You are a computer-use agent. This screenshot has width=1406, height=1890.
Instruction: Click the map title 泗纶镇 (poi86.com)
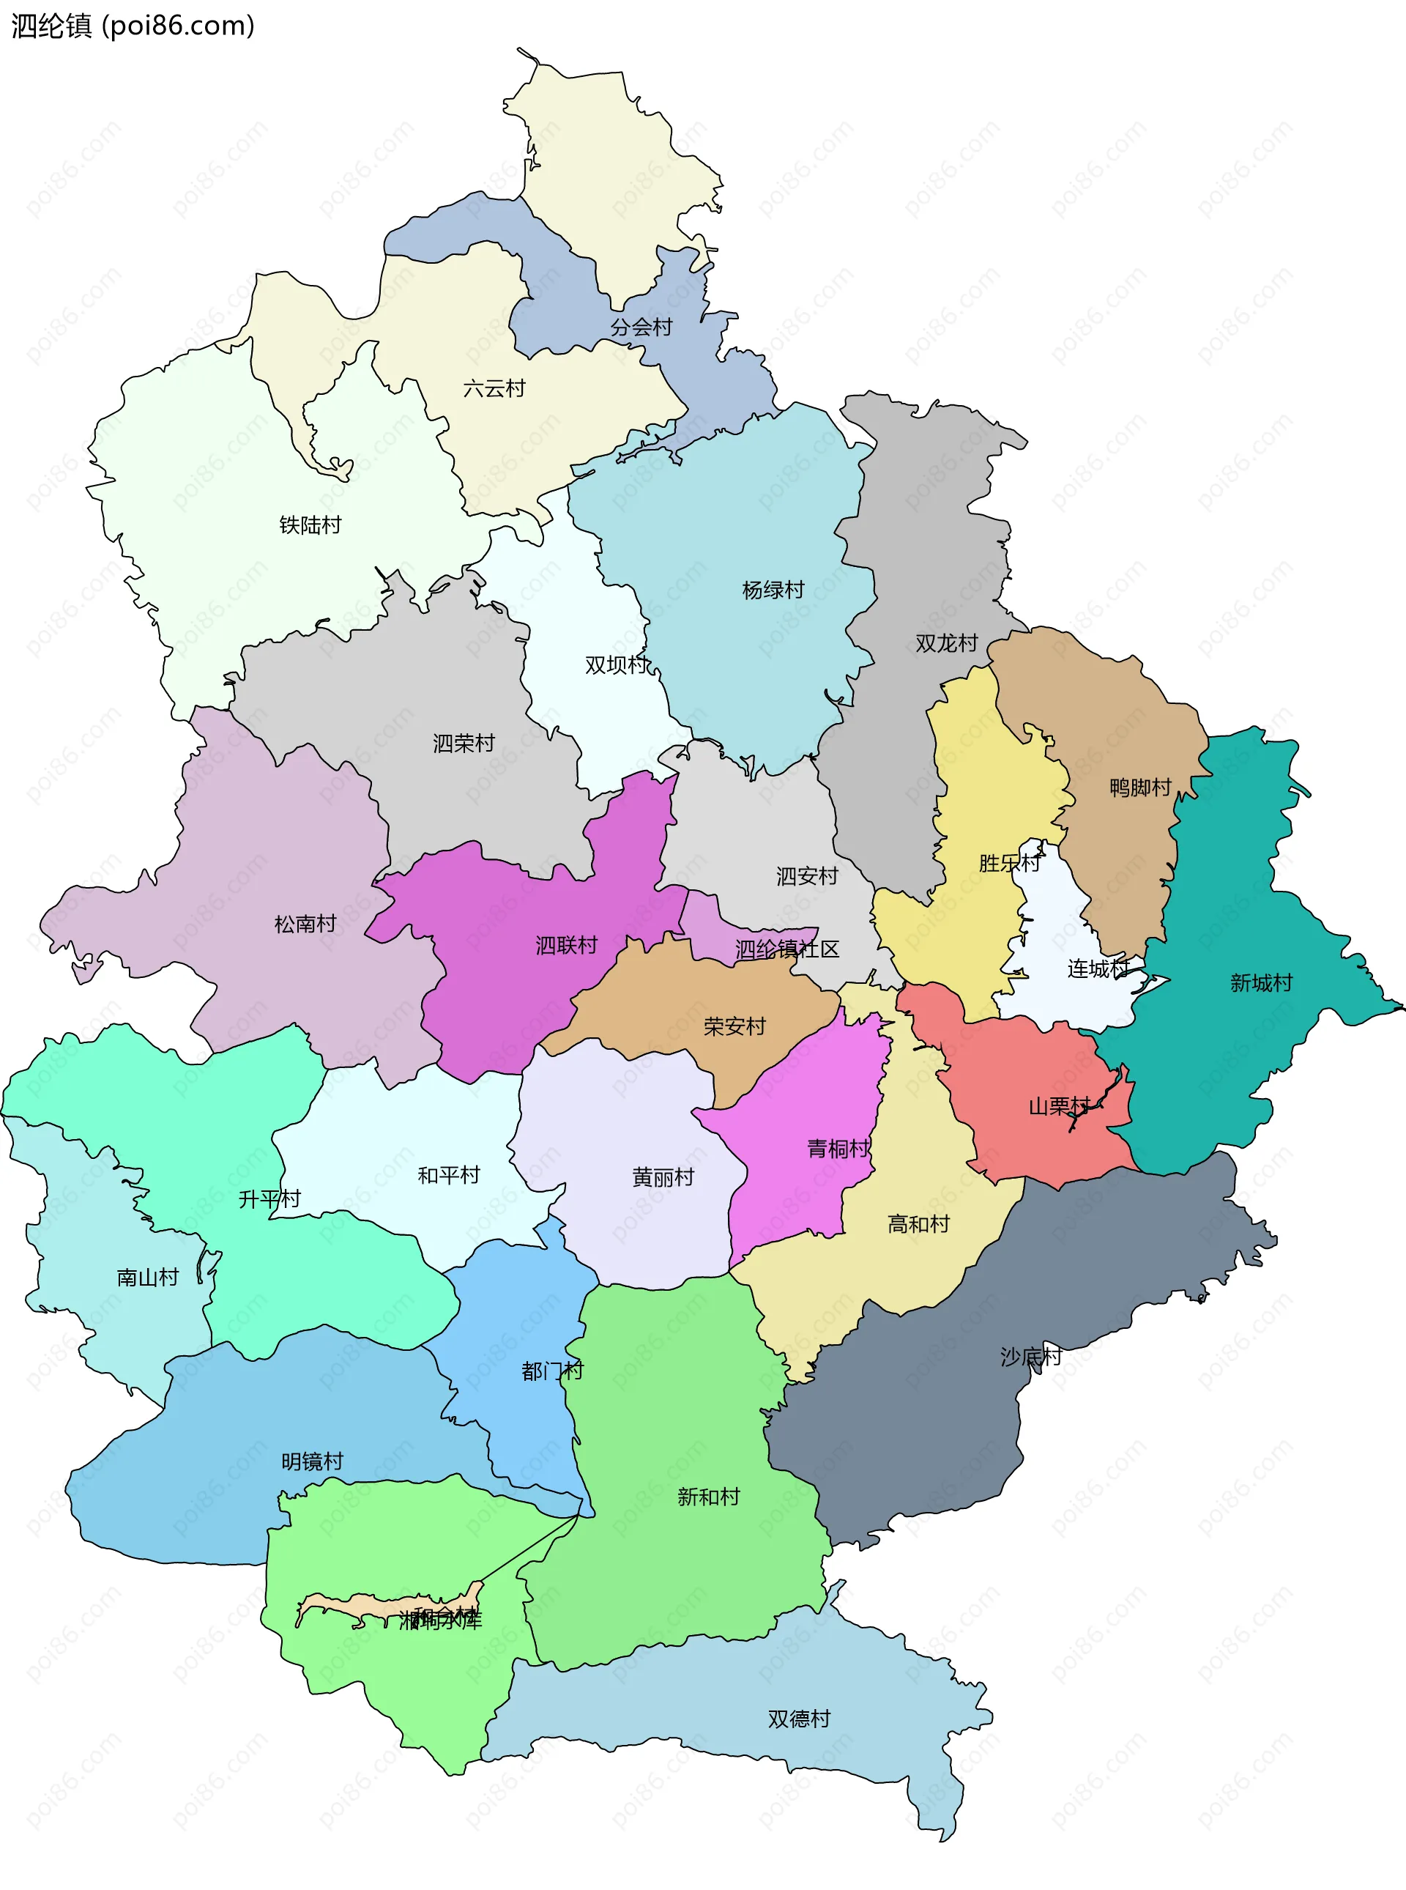click(133, 26)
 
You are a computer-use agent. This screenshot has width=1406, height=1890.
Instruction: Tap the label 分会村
click(641, 327)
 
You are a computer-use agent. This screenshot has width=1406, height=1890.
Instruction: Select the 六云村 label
click(494, 389)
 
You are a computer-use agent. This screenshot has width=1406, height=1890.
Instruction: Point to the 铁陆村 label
click(310, 525)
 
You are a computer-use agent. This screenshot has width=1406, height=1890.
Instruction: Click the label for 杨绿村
click(773, 590)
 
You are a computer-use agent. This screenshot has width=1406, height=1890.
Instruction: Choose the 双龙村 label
click(945, 644)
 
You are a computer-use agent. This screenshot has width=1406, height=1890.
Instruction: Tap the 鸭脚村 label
click(1139, 787)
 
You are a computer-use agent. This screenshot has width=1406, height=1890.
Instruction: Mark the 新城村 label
click(1260, 983)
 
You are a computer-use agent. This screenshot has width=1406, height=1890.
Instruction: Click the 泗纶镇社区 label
click(786, 949)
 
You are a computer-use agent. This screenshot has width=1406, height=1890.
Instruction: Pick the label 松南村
click(305, 924)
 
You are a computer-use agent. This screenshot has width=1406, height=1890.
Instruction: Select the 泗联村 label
click(566, 945)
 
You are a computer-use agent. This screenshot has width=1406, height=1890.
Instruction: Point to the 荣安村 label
click(734, 1027)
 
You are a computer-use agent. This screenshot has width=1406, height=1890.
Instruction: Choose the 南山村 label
click(147, 1277)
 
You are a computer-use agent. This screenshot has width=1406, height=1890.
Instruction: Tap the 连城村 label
click(1098, 969)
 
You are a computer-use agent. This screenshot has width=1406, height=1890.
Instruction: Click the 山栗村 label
click(1059, 1107)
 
